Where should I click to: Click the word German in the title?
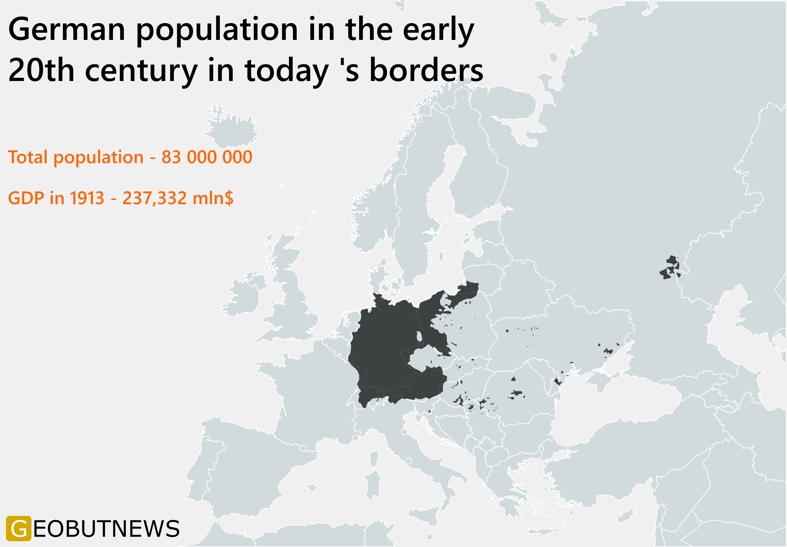(67, 30)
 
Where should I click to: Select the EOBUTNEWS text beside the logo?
(106, 529)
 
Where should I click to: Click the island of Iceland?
(233, 132)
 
